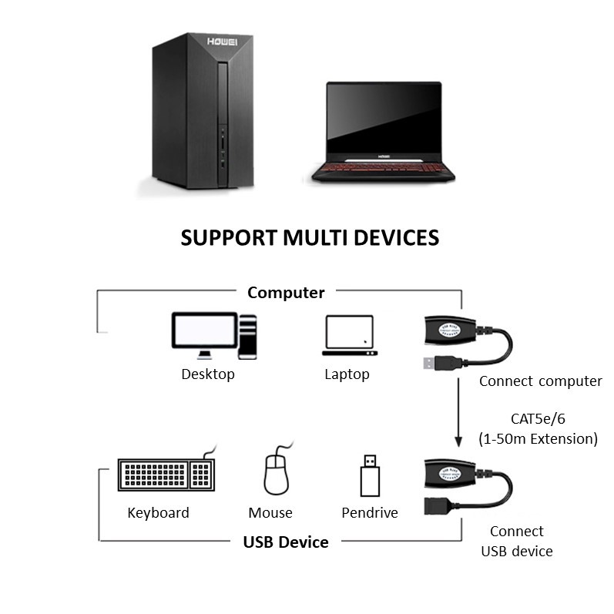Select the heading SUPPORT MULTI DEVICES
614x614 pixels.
point(310,237)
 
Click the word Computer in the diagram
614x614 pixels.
point(286,293)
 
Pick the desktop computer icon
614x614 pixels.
point(213,335)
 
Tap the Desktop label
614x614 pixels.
point(208,374)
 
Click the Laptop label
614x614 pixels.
point(347,374)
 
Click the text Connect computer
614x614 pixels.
point(540,381)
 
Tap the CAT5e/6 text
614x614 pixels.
point(538,420)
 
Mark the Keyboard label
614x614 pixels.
point(158,512)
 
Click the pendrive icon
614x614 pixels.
point(371,475)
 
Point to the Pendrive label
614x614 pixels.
point(370,512)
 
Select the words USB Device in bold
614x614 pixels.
point(286,542)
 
